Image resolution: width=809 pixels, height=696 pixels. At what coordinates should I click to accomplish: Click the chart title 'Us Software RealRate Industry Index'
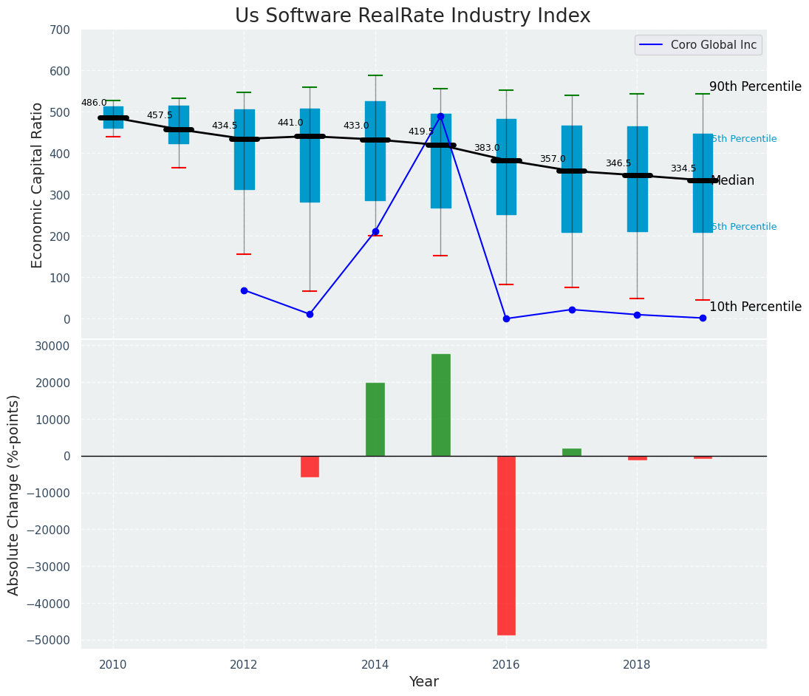pyautogui.click(x=412, y=16)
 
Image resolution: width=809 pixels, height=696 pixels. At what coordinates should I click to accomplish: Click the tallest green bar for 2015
pyautogui.click(x=441, y=405)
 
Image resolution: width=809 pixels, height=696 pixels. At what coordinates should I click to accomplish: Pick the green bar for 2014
pyautogui.click(x=375, y=419)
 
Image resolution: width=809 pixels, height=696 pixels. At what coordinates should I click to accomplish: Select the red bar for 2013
pyautogui.click(x=310, y=466)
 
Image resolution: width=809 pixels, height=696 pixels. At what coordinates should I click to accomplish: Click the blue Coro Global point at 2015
pyautogui.click(x=441, y=116)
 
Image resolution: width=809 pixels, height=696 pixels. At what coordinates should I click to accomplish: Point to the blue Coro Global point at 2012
pyautogui.click(x=244, y=290)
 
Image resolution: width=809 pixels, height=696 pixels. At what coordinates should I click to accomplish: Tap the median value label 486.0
pyautogui.click(x=94, y=103)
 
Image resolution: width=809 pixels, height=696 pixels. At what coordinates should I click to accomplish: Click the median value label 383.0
pyautogui.click(x=487, y=149)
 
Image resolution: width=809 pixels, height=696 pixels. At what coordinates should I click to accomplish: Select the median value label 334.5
pyautogui.click(x=683, y=169)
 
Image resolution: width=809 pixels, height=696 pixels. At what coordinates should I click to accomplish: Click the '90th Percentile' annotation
pyautogui.click(x=755, y=87)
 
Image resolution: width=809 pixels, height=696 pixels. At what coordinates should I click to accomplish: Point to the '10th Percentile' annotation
pyautogui.click(x=755, y=307)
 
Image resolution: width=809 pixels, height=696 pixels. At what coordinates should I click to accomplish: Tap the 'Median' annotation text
pyautogui.click(x=732, y=181)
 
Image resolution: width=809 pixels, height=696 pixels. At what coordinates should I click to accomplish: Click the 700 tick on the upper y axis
pyautogui.click(x=60, y=30)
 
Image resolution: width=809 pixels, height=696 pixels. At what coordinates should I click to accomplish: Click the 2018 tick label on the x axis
pyautogui.click(x=637, y=665)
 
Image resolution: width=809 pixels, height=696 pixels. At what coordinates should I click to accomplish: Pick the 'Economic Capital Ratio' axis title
pyautogui.click(x=38, y=185)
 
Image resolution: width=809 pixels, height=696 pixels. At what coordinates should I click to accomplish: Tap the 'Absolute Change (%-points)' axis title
pyautogui.click(x=14, y=494)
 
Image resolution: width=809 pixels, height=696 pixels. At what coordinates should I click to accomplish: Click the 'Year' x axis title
pyautogui.click(x=424, y=682)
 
